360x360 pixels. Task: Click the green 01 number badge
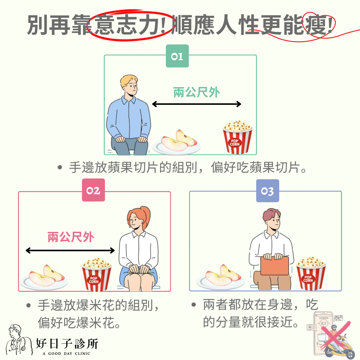[x=177, y=56]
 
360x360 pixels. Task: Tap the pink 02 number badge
[x=93, y=190]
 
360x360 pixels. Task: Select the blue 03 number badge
[x=268, y=191]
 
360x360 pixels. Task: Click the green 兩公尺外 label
[x=196, y=92]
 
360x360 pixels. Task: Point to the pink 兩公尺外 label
[x=71, y=237]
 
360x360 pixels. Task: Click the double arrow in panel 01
[x=196, y=104]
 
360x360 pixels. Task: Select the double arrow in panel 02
[x=70, y=250]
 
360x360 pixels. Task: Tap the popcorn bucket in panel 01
[x=237, y=137]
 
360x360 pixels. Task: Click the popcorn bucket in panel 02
[x=97, y=274]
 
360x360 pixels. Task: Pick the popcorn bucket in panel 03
[x=311, y=273]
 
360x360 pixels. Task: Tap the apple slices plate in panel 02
[x=44, y=277]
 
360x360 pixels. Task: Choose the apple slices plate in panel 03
[x=221, y=277]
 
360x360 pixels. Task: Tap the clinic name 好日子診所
[x=67, y=344]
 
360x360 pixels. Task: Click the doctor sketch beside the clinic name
[x=19, y=341]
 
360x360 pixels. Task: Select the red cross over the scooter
[x=335, y=335]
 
